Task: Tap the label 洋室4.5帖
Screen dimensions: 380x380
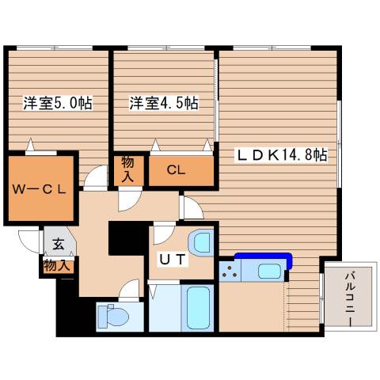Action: [164, 104]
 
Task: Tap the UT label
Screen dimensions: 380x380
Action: [174, 260]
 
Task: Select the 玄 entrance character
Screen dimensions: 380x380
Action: [59, 245]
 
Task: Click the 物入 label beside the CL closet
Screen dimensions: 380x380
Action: [128, 169]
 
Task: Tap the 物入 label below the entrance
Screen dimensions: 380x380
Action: [56, 265]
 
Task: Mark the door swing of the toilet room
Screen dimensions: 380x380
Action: [129, 294]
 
